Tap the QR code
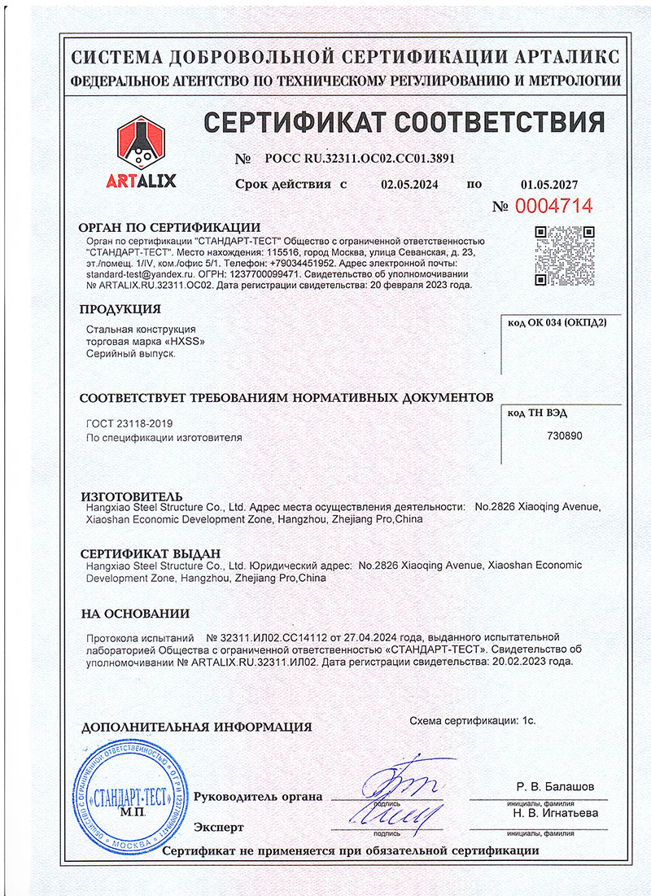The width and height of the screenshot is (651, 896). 564,255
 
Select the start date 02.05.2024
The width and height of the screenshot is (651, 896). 409,184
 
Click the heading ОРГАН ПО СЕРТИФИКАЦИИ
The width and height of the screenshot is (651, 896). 169,228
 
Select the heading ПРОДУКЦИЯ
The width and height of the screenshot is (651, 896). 120,308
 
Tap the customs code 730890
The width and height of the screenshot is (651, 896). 566,435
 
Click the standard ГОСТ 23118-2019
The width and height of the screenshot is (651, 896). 129,423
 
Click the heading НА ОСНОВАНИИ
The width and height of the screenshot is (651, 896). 135,614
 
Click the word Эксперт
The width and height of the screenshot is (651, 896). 218,827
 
